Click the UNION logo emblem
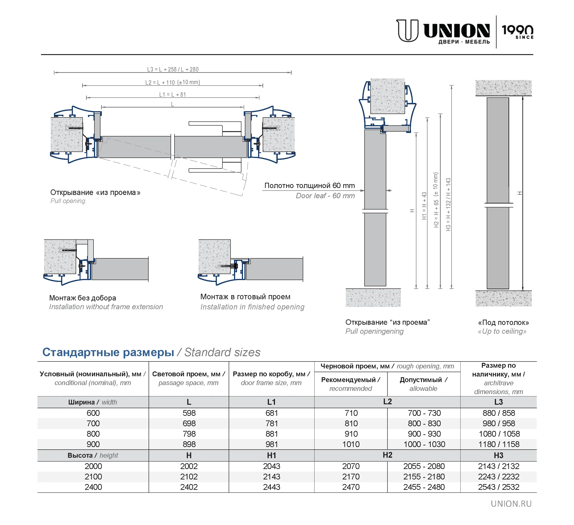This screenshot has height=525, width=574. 407,31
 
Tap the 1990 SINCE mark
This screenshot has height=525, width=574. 517,31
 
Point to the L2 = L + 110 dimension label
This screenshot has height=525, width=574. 172,82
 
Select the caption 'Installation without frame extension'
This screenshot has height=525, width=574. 106,307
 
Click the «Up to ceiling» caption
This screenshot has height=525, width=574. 502,331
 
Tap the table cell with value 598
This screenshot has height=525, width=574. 189,413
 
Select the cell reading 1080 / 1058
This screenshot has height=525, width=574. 499,434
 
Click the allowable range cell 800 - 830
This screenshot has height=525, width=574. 424,423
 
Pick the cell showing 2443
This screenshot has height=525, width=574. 272,487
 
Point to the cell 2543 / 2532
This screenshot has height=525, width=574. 499,487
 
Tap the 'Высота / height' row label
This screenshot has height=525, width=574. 93,455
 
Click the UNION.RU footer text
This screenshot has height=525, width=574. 511,504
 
